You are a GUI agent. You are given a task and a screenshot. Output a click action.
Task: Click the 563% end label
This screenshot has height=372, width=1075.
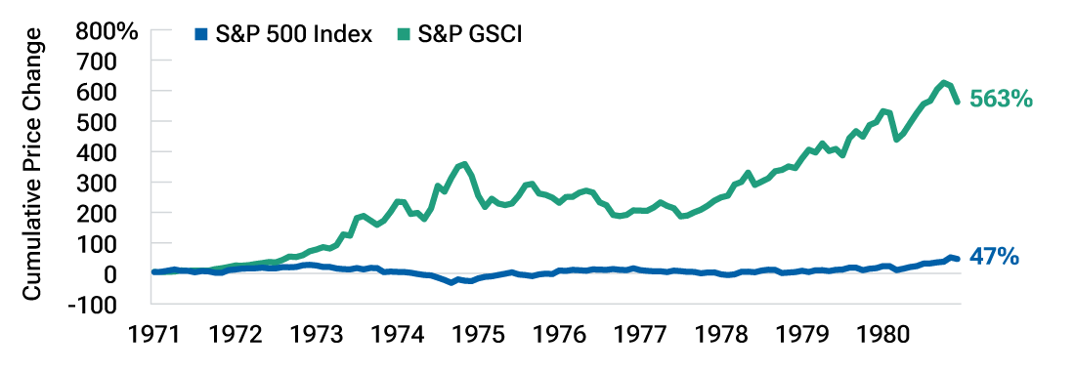1001,100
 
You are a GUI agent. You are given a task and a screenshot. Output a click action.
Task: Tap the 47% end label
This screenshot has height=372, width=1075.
994,257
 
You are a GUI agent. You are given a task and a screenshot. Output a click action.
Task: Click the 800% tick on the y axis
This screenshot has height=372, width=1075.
108,30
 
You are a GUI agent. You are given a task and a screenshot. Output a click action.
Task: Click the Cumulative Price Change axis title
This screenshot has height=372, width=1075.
33,164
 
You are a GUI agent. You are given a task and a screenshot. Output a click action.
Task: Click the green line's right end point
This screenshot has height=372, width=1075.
957,101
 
